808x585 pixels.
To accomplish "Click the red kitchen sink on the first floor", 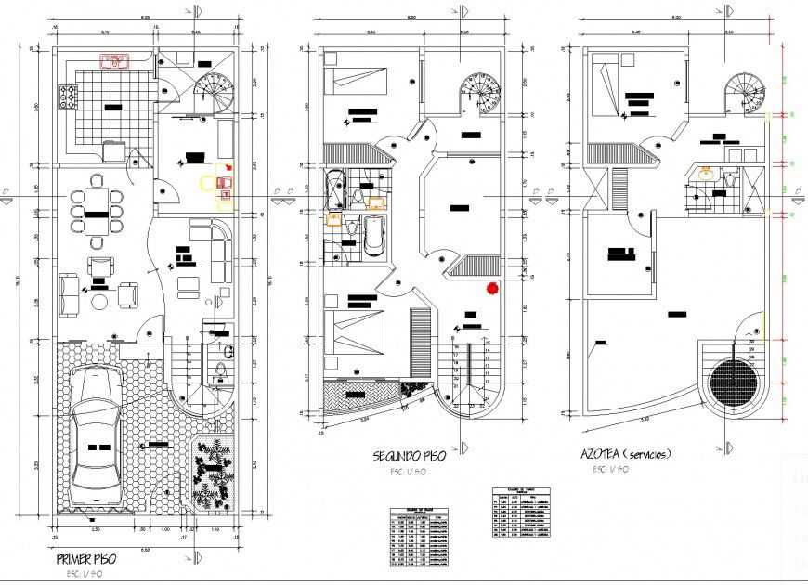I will [x=115, y=62].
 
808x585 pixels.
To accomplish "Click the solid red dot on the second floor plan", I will [x=490, y=289].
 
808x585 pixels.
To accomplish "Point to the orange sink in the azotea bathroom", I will [x=707, y=174].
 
